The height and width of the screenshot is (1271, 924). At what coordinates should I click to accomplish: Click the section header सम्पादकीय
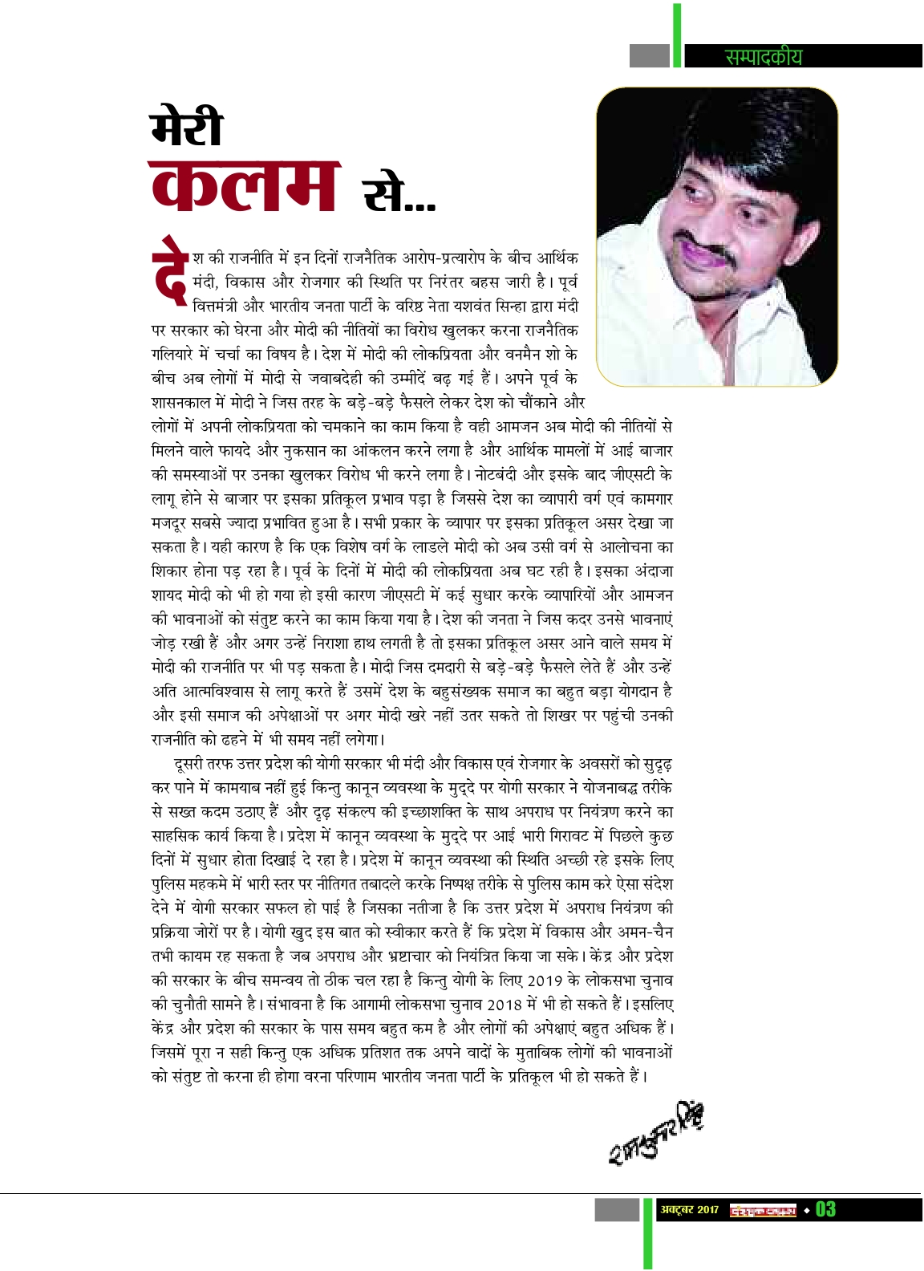[x=763, y=56]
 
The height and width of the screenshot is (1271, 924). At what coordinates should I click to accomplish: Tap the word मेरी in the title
[x=187, y=128]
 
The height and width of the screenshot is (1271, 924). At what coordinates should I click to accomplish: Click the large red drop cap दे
[x=170, y=270]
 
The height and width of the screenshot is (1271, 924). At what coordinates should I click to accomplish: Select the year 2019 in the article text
[x=545, y=981]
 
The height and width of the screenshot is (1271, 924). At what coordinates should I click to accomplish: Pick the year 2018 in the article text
[x=504, y=1005]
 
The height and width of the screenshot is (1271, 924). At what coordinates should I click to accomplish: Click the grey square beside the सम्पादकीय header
[x=649, y=55]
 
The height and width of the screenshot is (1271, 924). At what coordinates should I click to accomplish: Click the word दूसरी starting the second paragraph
[x=188, y=764]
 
